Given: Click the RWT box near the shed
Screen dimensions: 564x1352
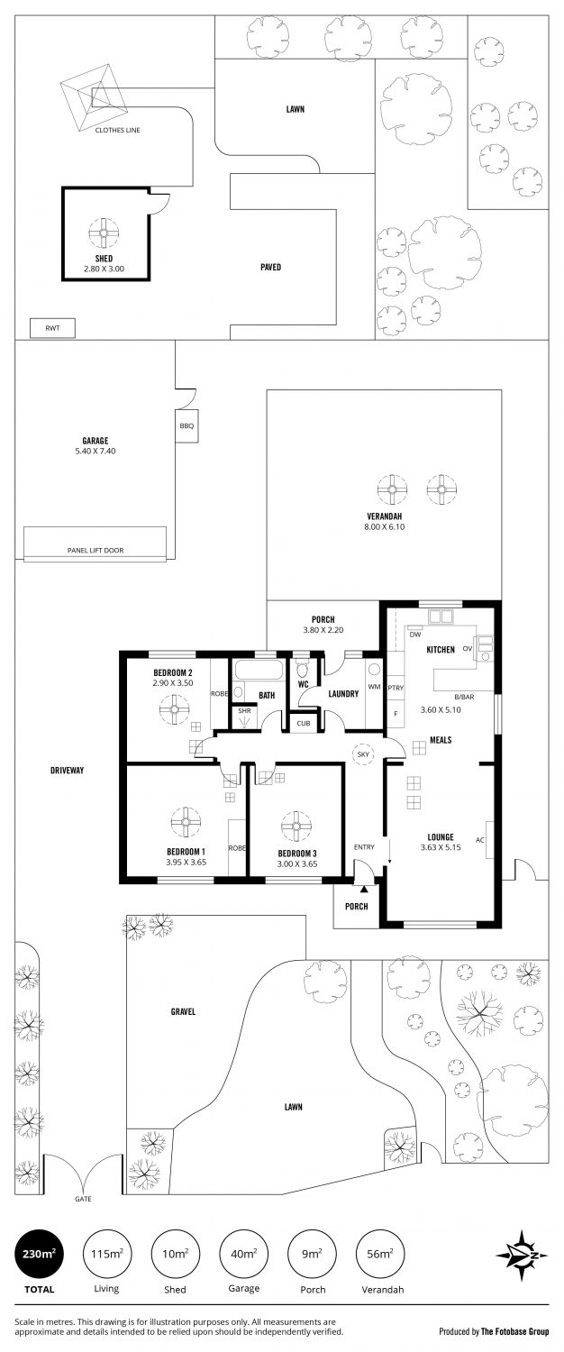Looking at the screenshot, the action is pos(53,328).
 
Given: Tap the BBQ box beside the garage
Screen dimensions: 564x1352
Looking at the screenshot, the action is pos(186,426).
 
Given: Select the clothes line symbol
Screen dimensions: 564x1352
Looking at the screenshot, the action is pos(94,96).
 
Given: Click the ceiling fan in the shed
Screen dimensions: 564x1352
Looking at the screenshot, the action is pos(104,233).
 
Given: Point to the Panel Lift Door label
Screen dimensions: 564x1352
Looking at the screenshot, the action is pos(96,551).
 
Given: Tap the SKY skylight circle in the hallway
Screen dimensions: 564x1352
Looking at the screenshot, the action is pos(363,754).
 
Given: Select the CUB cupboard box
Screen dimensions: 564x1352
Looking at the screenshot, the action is pos(304,723).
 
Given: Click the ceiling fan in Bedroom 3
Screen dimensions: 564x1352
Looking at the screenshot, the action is pos(296,827).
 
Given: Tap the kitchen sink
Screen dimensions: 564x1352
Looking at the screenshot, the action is pos(440,617).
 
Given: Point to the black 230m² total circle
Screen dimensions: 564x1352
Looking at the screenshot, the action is pos(40,1254).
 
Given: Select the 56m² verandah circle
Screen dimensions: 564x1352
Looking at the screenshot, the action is pos(380,1254).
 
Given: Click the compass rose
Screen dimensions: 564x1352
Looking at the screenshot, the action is pos(523,1256).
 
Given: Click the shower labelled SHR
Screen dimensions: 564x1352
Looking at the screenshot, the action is pos(244,717).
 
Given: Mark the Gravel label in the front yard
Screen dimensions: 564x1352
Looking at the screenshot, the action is pos(183,1011).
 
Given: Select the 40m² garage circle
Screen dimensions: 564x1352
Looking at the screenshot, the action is pos(243,1254).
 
